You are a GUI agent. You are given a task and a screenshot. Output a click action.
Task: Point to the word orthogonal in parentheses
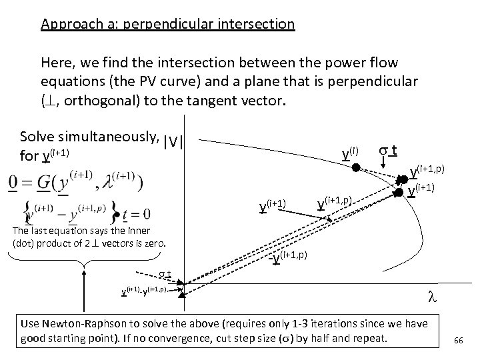[x=101, y=101]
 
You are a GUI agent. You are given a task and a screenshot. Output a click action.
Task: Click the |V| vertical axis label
[x=173, y=142]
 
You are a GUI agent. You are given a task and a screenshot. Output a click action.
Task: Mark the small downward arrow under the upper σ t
[x=392, y=163]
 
